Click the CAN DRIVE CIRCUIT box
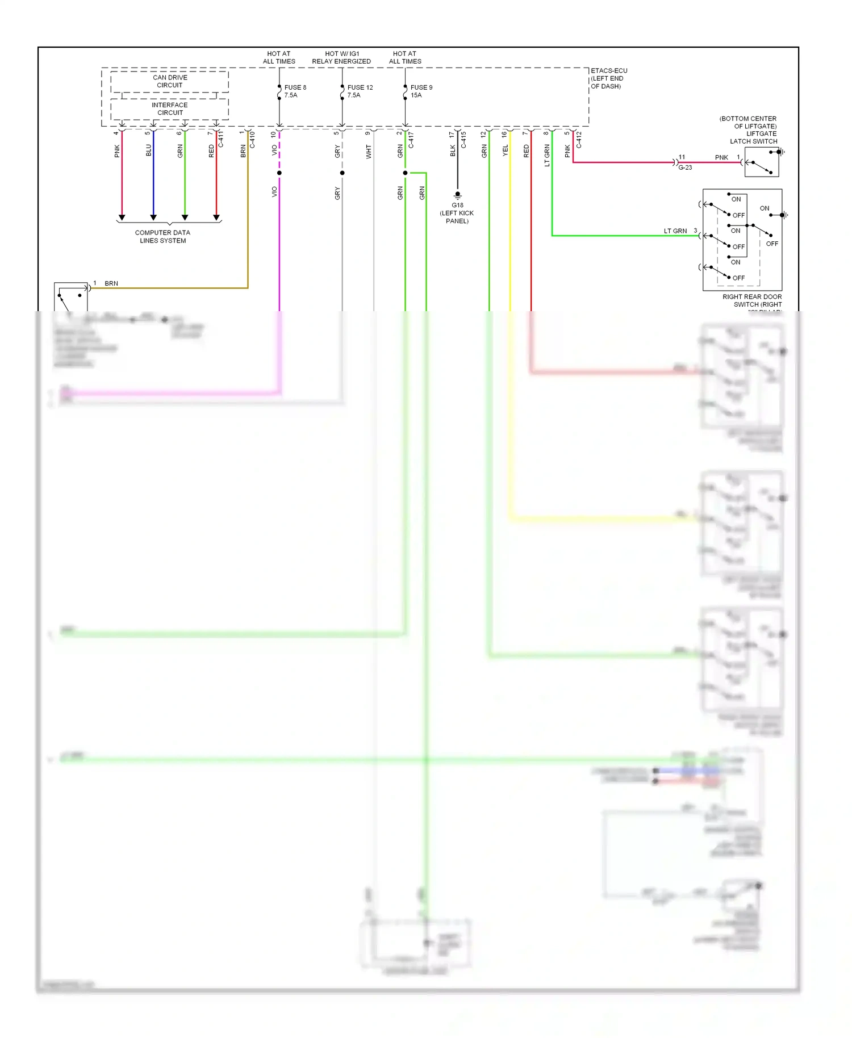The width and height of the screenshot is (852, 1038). (x=169, y=81)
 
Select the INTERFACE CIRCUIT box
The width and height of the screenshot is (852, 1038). (x=169, y=108)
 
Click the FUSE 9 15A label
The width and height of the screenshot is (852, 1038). (x=421, y=91)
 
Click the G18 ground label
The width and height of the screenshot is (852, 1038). (x=457, y=206)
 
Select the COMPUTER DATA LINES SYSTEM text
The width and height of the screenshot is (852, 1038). (x=162, y=236)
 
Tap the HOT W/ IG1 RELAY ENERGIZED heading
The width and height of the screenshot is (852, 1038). (x=341, y=57)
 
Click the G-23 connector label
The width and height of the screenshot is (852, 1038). (x=685, y=168)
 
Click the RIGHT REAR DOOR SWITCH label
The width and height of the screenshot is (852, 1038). (x=752, y=300)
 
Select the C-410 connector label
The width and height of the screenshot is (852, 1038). (x=252, y=140)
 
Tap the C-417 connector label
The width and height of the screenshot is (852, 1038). (x=411, y=140)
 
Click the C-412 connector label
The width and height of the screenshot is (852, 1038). (x=579, y=140)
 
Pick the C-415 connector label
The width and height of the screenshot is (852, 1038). (x=463, y=140)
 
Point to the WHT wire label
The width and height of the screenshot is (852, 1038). (x=369, y=152)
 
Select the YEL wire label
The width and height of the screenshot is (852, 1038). (x=505, y=150)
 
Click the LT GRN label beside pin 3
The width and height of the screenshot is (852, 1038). (x=675, y=231)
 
